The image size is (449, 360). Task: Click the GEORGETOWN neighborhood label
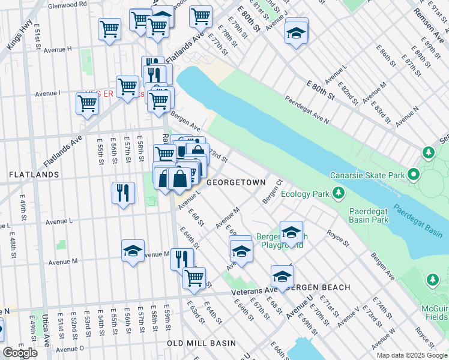(x=235, y=182)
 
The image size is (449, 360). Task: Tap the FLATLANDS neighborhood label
(x=34, y=175)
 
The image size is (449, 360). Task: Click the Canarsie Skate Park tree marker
(x=414, y=175)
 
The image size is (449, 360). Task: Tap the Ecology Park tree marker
(x=339, y=193)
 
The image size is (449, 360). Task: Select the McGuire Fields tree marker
(x=432, y=280)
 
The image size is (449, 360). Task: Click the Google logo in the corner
(x=20, y=353)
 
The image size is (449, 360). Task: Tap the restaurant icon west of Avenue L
(x=122, y=193)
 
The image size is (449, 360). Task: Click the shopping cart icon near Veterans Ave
(x=194, y=277)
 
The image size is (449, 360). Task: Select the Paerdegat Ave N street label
(x=307, y=109)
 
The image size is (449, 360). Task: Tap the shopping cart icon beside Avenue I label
(x=88, y=103)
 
